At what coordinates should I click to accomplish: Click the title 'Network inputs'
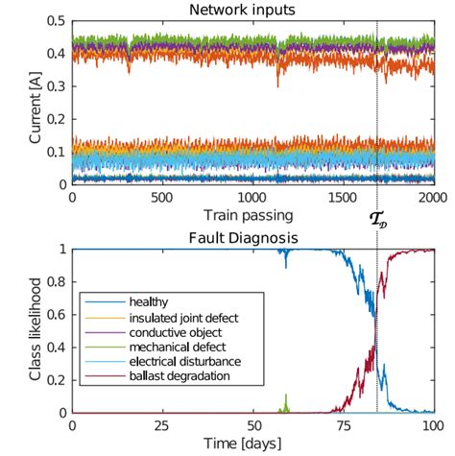pos(253,9)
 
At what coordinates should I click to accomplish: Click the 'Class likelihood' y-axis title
pos(36,330)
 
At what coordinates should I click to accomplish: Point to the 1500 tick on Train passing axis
pos(343,195)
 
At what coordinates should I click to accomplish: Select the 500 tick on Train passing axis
pos(163,195)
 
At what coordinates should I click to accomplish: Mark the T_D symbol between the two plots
pos(377,219)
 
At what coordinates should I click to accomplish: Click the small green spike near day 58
pos(285,401)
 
